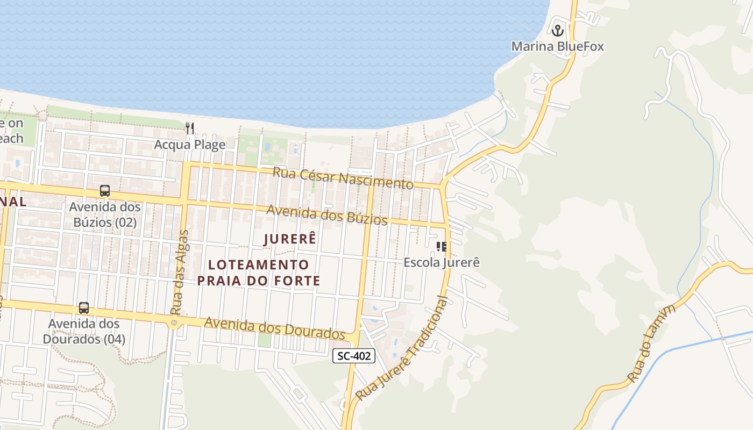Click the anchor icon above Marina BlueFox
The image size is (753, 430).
point(557,30)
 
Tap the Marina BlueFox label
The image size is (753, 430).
point(557,46)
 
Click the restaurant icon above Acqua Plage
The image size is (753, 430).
point(189,128)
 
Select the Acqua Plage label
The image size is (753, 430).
point(189,145)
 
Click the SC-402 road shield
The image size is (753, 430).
point(353,356)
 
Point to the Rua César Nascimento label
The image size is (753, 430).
point(343,178)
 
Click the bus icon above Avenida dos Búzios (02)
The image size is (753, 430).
point(105,190)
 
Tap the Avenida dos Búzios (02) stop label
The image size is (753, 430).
point(105,214)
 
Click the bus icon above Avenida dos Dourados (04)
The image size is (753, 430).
point(84,308)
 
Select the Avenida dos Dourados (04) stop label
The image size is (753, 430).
point(84,332)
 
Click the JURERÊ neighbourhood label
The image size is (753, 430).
point(289,239)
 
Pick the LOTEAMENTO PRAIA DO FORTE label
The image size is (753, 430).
point(259,273)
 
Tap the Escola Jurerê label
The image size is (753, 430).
point(442,262)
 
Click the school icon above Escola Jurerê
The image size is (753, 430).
point(442,247)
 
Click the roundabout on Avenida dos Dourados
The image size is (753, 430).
point(173,323)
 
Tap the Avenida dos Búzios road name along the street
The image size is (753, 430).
point(326,215)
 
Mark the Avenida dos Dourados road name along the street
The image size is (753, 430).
point(274,327)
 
